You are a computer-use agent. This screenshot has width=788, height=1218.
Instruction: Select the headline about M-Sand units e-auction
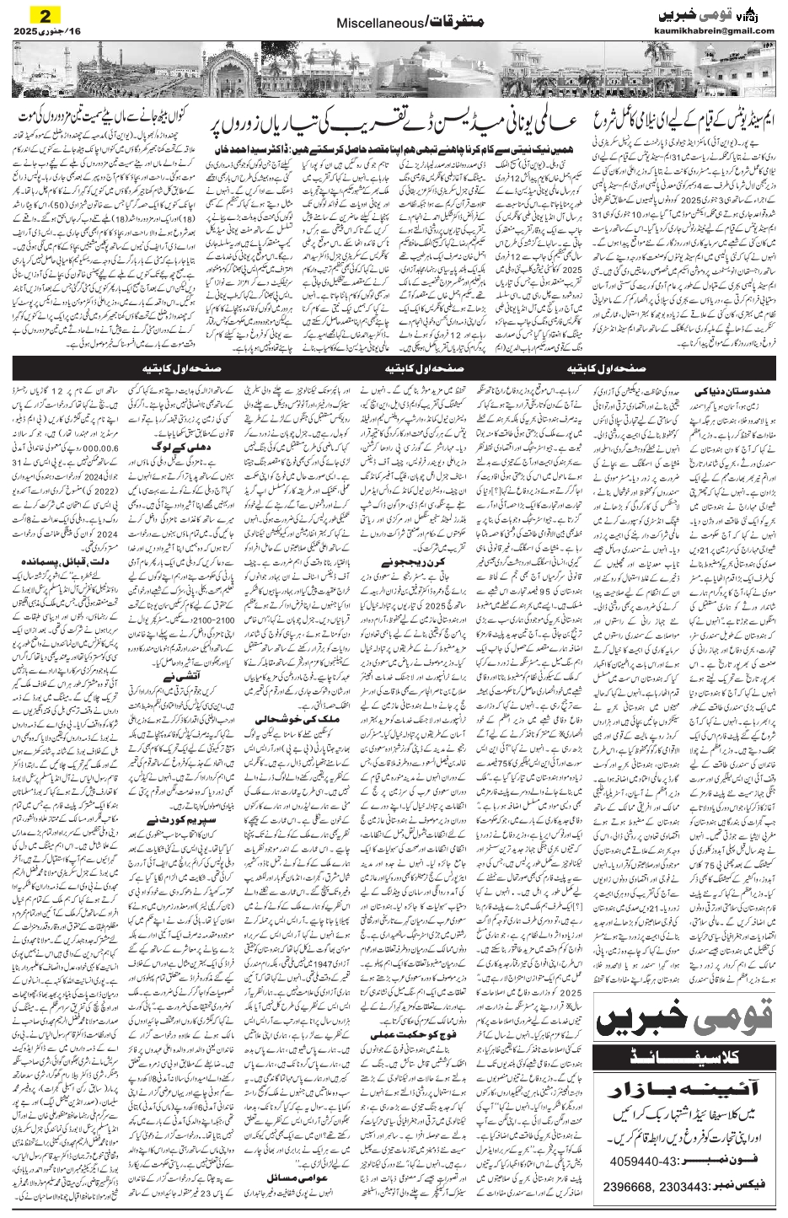coord(665,125)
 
